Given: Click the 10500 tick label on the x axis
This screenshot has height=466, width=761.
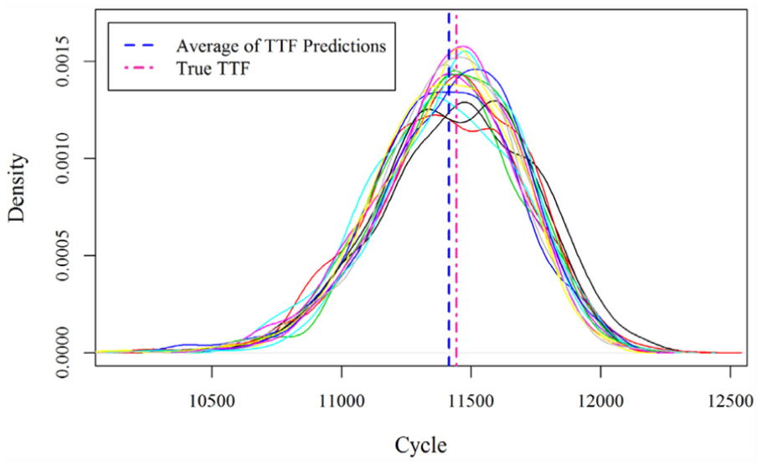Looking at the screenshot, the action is [212, 402].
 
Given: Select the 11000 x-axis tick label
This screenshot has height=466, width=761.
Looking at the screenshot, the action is [342, 402].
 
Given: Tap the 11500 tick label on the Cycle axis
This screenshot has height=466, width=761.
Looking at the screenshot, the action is [471, 402].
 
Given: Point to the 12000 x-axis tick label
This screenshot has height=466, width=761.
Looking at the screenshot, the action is [601, 402].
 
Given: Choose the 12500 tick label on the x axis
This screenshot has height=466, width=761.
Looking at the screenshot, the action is [730, 402].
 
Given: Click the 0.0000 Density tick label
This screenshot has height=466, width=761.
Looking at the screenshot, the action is [63, 352].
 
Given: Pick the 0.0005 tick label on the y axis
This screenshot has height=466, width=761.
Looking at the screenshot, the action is [63, 255].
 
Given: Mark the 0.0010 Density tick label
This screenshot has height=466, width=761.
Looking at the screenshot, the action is [63, 159].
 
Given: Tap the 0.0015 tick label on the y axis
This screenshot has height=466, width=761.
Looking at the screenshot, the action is [63, 62].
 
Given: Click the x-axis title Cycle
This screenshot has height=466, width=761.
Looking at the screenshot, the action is [420, 445].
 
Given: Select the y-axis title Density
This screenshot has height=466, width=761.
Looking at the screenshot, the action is [18, 187].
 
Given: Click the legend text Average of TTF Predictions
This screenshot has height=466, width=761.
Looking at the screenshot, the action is [281, 46].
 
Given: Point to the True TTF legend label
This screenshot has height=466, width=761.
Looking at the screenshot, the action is [213, 69].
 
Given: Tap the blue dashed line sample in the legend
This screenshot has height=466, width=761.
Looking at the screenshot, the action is [139, 45].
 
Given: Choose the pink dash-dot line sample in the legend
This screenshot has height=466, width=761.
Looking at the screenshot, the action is [139, 69].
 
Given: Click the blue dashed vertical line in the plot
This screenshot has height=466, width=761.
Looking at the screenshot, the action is [449, 189].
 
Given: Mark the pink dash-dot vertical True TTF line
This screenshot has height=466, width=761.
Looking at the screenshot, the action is [457, 189].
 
